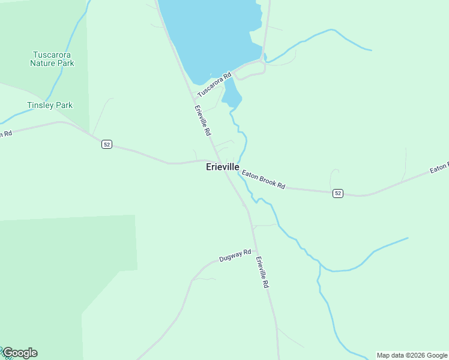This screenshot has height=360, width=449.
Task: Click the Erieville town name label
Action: coord(223,167)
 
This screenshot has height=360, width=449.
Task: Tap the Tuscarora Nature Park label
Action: coord(53,58)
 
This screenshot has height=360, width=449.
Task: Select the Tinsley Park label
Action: coord(50,105)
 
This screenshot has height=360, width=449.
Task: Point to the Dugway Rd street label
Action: coord(235,256)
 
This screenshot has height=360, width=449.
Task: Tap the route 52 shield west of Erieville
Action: coord(106,145)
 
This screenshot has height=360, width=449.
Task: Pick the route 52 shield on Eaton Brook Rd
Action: coord(338,193)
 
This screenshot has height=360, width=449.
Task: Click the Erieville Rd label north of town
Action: coord(202,121)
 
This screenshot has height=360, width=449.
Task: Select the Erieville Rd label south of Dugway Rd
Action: coord(261,272)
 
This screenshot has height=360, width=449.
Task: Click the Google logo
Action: coord(20,353)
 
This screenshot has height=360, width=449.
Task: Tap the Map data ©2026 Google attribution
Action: coord(412,355)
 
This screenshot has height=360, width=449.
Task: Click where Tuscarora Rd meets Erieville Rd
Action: coord(193,97)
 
